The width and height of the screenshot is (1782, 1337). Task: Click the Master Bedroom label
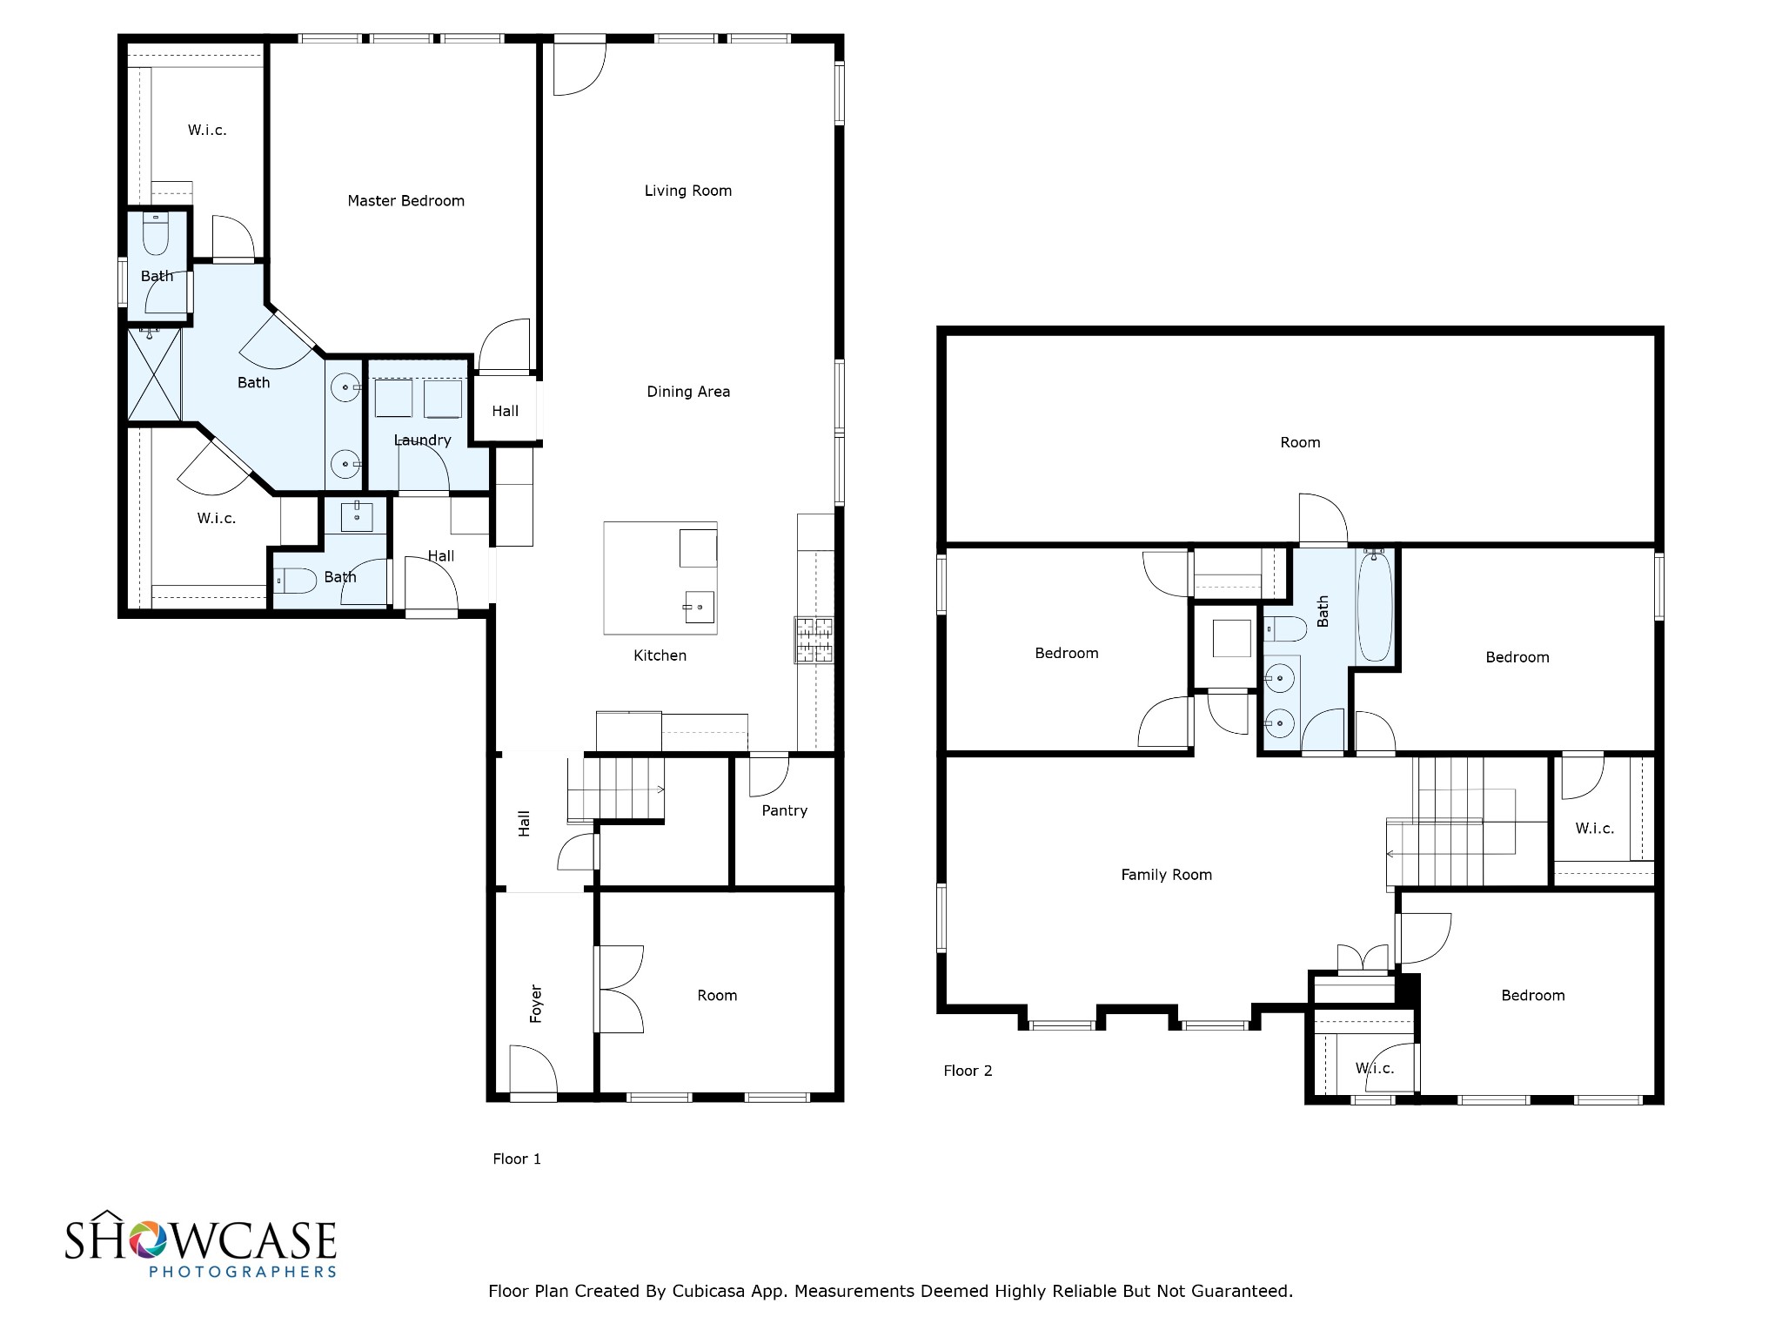point(405,201)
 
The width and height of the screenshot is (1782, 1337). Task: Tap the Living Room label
point(687,191)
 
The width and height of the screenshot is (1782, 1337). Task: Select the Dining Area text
point(687,392)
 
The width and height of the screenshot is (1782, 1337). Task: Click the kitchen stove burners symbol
point(814,640)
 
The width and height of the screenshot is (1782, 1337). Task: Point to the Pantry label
point(784,810)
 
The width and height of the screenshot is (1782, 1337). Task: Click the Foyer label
point(536,1004)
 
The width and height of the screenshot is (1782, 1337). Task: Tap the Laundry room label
point(422,440)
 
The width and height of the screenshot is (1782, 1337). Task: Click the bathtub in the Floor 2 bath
point(1375,606)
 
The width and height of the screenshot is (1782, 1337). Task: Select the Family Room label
point(1166,875)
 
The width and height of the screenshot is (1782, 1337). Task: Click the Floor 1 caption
point(517,1159)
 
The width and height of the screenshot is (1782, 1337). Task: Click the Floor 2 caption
point(968,1071)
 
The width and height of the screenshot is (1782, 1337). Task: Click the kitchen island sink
point(699,606)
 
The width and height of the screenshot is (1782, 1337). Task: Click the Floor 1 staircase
point(615,789)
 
